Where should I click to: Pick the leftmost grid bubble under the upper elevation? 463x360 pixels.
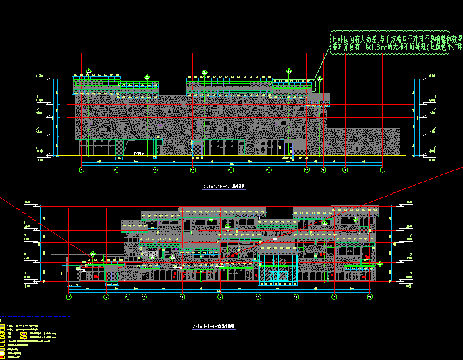click(81, 170)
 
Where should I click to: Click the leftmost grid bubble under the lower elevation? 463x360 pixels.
click(70, 296)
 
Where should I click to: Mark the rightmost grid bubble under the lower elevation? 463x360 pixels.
click(369, 296)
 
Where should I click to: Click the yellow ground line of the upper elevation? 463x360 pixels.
click(202, 157)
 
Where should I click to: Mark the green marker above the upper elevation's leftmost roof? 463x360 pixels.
click(90, 70)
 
